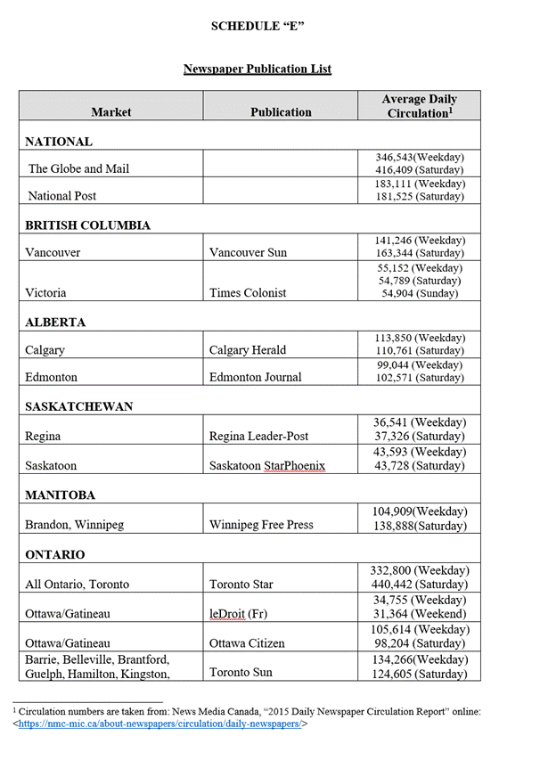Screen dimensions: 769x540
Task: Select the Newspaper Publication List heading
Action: [x=257, y=69]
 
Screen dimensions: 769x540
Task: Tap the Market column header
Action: [x=110, y=112]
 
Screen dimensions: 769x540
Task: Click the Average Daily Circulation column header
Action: [x=419, y=106]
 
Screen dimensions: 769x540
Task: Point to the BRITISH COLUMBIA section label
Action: [x=87, y=225]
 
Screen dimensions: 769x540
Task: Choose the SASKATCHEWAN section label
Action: [x=78, y=406]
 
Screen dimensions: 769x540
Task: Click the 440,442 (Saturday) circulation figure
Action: [x=419, y=585]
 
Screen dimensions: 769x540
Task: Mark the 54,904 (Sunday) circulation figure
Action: [x=419, y=293]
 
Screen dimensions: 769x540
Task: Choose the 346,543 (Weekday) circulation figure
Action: [x=419, y=156]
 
